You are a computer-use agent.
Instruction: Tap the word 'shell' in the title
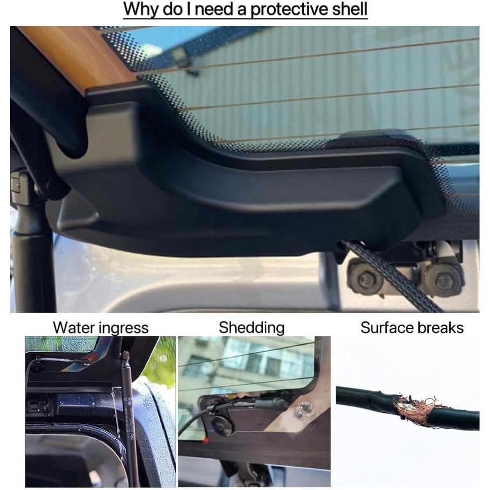click(350, 9)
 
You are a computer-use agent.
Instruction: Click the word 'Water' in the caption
click(73, 328)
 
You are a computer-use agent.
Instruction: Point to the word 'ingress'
click(123, 329)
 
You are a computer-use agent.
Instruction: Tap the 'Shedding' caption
click(251, 328)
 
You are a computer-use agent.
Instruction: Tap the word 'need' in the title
click(214, 9)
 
